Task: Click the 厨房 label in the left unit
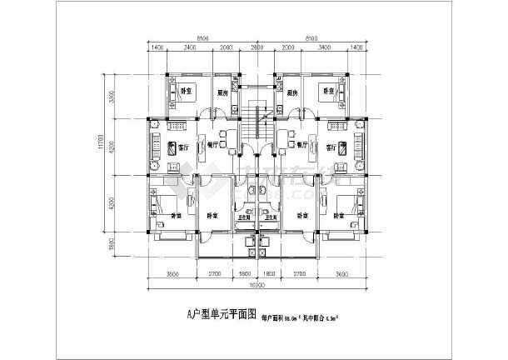(222, 93)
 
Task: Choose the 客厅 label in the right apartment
(331, 146)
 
